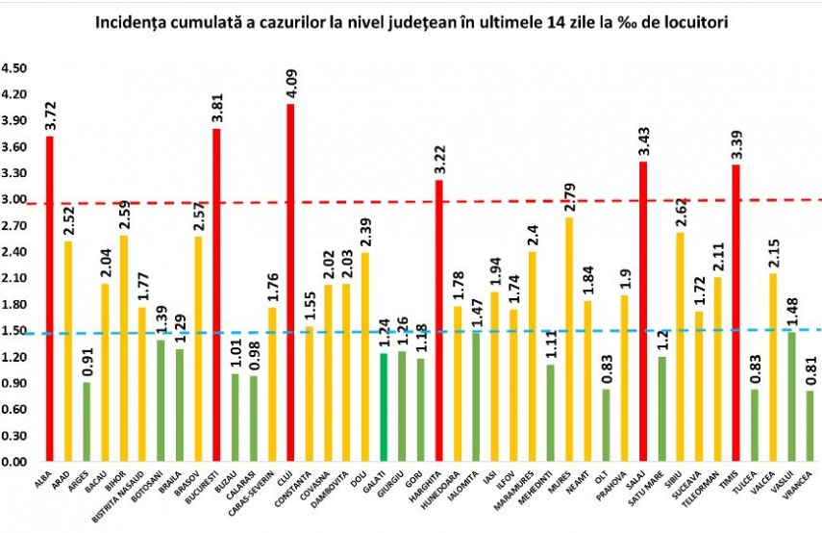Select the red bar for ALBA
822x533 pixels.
[x=49, y=298]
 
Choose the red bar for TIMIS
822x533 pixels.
[x=735, y=313]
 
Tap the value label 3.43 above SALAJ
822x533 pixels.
[x=643, y=142]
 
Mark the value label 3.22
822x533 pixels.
[x=438, y=161]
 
